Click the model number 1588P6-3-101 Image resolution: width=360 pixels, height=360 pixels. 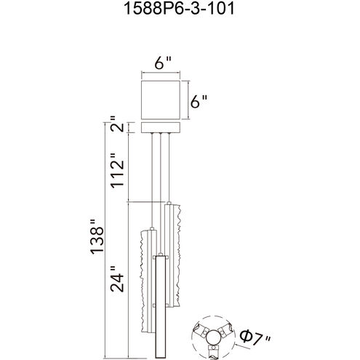179,9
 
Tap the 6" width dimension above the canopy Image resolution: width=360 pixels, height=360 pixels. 163,63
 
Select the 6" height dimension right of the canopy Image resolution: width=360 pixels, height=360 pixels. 199,101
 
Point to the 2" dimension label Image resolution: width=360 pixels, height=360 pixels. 117,124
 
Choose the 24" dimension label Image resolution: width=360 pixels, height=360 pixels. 117,279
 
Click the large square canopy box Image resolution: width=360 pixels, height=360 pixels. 161,100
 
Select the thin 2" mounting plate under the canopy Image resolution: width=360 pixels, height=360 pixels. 161,128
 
